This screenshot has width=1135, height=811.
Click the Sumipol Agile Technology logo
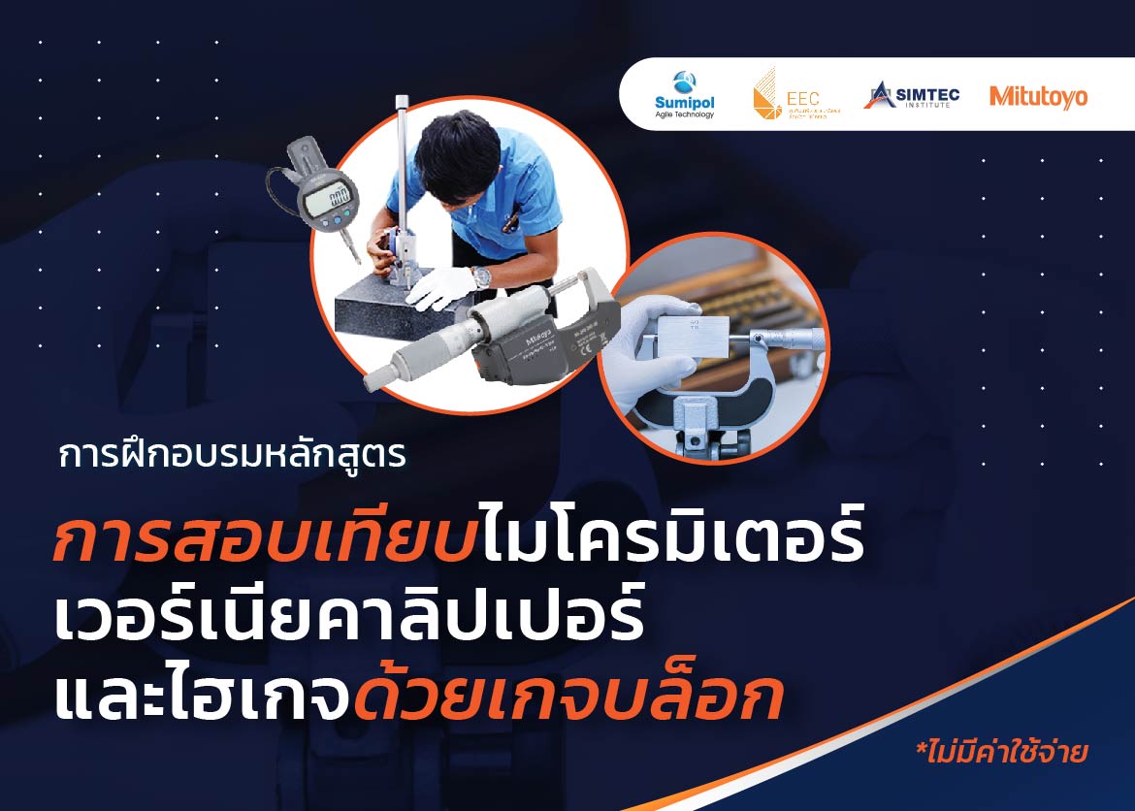685,95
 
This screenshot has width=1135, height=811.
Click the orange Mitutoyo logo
1038,96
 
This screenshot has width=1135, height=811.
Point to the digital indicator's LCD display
324,199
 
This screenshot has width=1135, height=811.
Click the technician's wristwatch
481,276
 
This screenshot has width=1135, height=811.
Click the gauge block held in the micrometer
689,336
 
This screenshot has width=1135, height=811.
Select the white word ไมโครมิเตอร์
669,540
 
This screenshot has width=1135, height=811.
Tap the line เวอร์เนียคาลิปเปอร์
349,618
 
